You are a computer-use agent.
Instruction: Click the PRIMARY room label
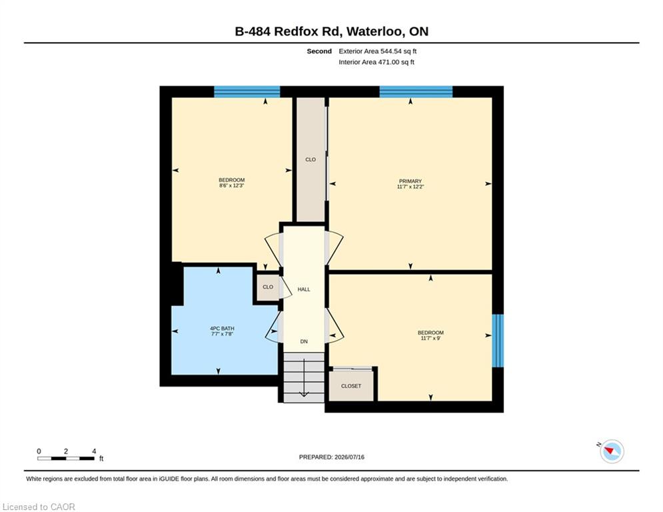pos(410,181)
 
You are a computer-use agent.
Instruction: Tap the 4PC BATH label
pos(222,329)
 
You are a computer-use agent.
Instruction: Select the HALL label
pos(304,289)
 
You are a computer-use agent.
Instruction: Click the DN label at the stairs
pos(304,341)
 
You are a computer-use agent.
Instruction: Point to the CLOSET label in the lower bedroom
pos(351,386)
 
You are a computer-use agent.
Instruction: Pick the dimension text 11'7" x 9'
pos(430,338)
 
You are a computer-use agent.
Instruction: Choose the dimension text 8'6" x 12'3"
pos(232,185)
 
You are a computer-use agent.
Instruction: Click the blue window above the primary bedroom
pos(416,91)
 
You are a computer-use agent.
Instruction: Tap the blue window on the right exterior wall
pos(498,341)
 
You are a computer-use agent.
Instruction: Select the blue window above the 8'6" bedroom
pos(247,91)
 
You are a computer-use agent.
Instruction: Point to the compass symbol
pos(612,451)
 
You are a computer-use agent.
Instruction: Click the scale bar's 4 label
pos(94,451)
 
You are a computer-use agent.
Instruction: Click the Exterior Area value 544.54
pos(390,51)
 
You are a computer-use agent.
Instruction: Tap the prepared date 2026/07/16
pos(349,457)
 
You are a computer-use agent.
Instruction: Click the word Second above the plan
pos(319,51)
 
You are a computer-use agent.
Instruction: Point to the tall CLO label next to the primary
pos(311,159)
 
